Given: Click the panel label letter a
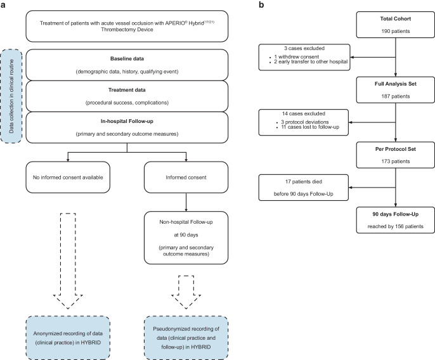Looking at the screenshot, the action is coord(3,5).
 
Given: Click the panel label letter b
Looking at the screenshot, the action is coord(261,4).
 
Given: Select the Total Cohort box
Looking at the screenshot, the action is coord(395,25).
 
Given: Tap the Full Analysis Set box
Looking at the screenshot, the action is coord(395,90).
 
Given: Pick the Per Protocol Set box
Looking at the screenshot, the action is coord(395,155).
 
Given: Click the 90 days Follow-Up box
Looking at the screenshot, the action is coord(395,220).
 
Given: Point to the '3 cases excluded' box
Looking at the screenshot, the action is coord(304,57).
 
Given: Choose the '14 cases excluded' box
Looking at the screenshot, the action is coord(304,122).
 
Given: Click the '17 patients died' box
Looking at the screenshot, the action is coord(304,188).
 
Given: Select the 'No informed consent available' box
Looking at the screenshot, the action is coord(68,177).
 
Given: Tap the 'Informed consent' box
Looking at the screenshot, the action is coord(186,177).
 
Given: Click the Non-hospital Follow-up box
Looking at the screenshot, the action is coord(186,238).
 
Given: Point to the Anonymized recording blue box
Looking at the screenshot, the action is coord(68,338).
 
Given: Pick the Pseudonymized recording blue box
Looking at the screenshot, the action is coord(186,338).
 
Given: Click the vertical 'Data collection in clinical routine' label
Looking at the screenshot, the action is coord(11,96).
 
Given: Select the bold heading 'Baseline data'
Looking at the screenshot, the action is coord(127,59).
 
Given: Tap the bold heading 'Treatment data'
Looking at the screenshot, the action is coord(127,90).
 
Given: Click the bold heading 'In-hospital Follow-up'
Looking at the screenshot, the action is coord(127,121).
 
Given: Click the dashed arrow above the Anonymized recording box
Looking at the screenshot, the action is coord(68,261).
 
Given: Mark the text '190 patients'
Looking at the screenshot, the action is coord(395,31).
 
